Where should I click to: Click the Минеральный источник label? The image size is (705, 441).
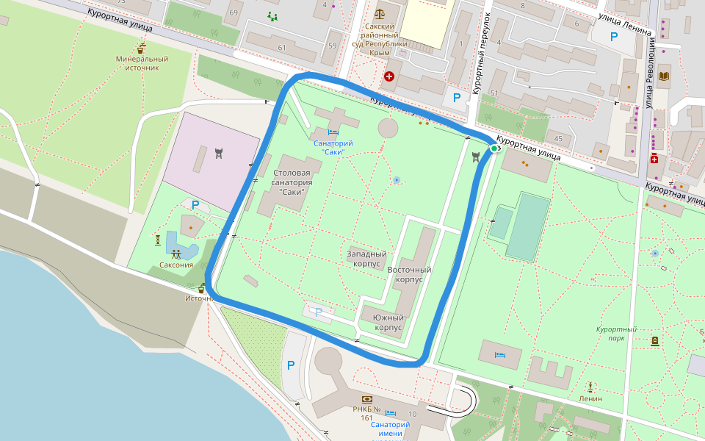coord(142,63)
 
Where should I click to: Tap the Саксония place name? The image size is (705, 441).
coord(176,265)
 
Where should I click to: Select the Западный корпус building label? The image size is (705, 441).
coord(367,258)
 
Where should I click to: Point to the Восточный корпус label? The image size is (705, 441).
coord(409,275)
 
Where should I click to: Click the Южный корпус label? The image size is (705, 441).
coord(388,323)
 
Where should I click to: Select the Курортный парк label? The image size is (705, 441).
coord(616,334)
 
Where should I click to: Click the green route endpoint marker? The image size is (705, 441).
coord(494,148)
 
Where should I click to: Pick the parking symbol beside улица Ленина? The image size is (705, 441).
coord(613,36)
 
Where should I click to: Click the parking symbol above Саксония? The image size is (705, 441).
coord(195,205)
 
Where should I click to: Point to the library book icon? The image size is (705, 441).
coord(665,76)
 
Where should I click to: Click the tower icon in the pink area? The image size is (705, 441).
coord(218,154)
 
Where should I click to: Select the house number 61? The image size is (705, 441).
coord(281,48)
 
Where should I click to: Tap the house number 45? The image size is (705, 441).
coord(559,139)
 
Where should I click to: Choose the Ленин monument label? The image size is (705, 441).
coord(590,398)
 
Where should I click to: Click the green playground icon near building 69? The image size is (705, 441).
coord(273,17)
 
